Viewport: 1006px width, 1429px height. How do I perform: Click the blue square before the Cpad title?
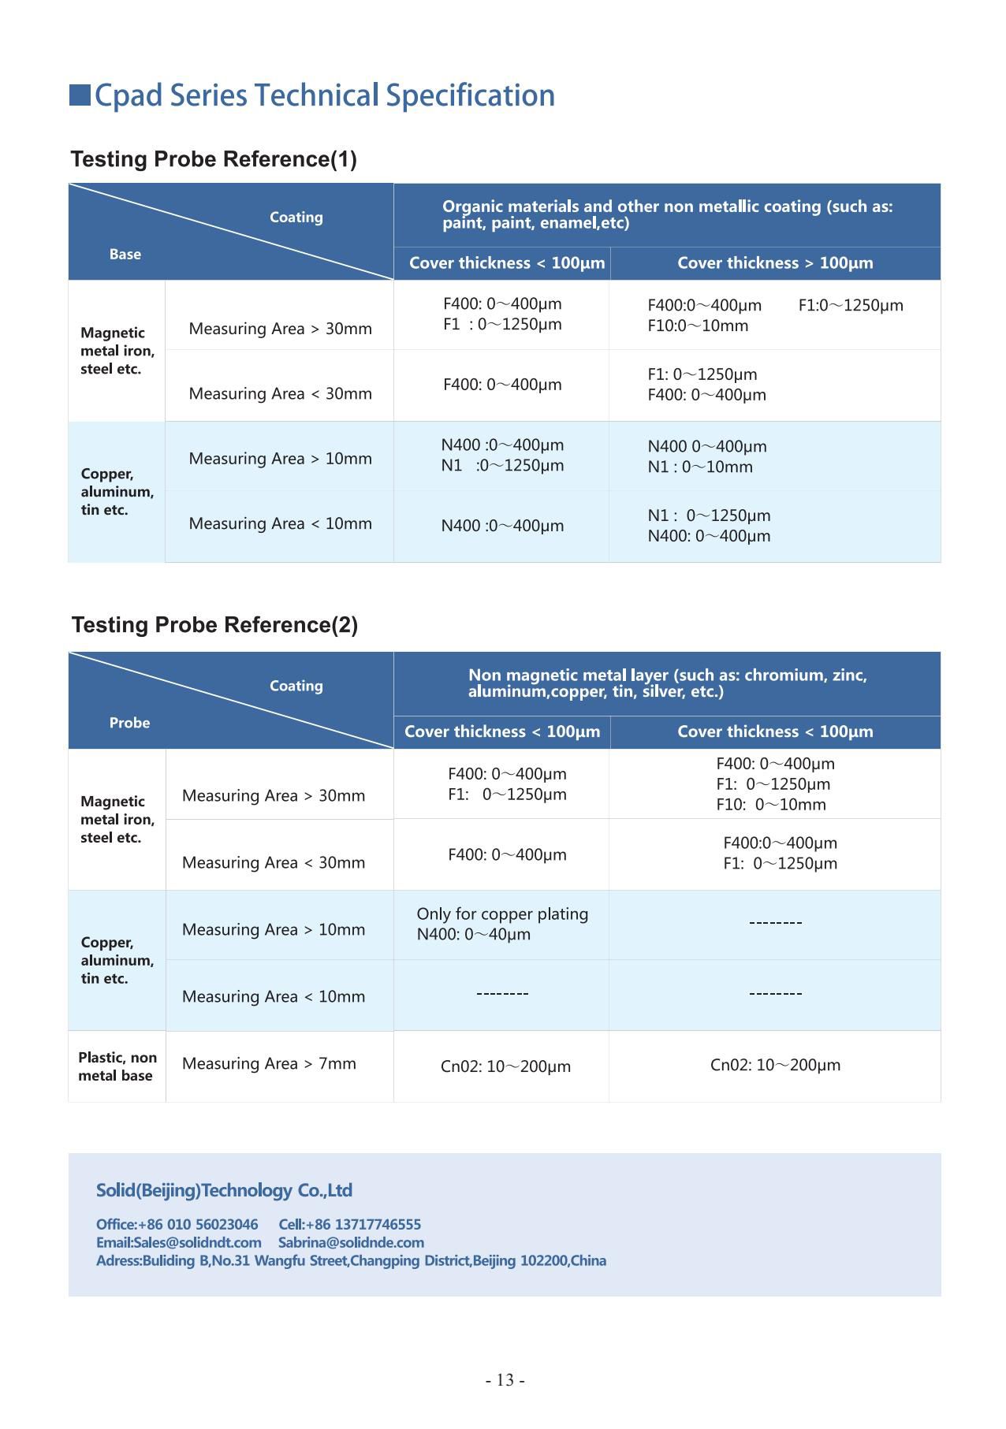point(80,95)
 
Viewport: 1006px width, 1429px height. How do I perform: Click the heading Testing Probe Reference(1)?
point(214,159)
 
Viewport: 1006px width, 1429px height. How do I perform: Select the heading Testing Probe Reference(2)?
point(214,625)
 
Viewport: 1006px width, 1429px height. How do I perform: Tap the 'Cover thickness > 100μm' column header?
point(775,263)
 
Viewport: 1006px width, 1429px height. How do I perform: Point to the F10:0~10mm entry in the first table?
point(698,326)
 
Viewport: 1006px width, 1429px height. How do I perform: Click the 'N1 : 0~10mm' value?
point(700,467)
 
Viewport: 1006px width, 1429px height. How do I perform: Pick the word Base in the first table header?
point(125,254)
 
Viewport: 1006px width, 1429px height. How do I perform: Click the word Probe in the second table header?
point(129,723)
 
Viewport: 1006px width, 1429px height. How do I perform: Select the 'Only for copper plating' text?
point(502,914)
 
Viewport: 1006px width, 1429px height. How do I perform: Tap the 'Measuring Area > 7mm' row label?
point(269,1063)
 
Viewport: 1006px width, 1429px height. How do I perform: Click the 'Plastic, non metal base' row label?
point(117,1066)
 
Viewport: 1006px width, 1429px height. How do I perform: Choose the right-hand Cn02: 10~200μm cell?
point(775,1065)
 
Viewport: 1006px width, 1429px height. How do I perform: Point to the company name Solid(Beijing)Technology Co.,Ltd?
point(224,1190)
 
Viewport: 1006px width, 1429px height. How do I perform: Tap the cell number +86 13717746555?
point(363,1224)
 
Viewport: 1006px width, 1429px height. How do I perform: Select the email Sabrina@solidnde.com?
point(351,1242)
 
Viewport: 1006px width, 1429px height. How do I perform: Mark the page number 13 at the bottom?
point(505,1380)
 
